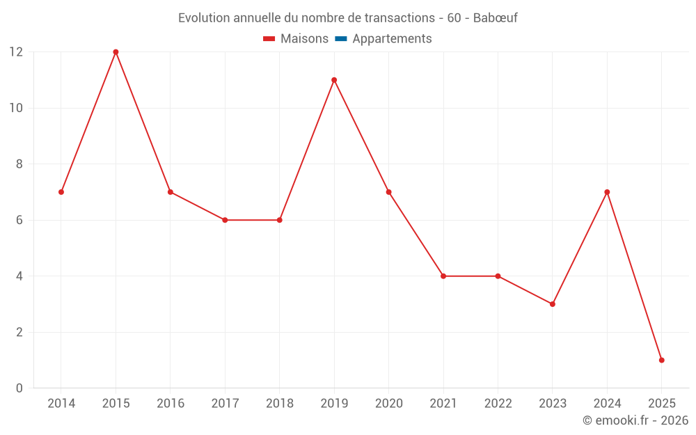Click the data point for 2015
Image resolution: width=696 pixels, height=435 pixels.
coord(116,52)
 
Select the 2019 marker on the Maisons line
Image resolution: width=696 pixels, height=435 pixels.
coord(334,80)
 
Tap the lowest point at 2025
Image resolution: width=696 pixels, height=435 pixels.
coord(662,360)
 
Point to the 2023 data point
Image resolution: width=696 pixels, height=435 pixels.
coord(553,304)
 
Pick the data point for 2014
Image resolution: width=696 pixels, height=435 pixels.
coord(61,192)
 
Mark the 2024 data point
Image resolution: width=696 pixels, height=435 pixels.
coord(607,192)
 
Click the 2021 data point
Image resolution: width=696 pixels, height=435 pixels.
coord(443,276)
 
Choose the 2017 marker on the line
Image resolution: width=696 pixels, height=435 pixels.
coord(225,220)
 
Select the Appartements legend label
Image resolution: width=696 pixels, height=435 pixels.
coord(392,39)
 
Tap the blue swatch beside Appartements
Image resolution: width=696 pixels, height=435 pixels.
coord(340,39)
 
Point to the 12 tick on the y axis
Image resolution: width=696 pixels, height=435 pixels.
coord(15,52)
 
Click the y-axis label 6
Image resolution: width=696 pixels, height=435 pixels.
coord(19,220)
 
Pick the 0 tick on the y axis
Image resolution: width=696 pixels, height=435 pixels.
coord(19,388)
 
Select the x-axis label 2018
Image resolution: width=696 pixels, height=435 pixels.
coord(279,404)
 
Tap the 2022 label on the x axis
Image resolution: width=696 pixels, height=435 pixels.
coord(498,404)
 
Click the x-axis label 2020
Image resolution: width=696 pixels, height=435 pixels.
coord(388,404)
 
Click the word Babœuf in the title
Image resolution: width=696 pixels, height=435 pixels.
coord(495,18)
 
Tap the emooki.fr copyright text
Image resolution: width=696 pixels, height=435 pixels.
coord(635,420)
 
